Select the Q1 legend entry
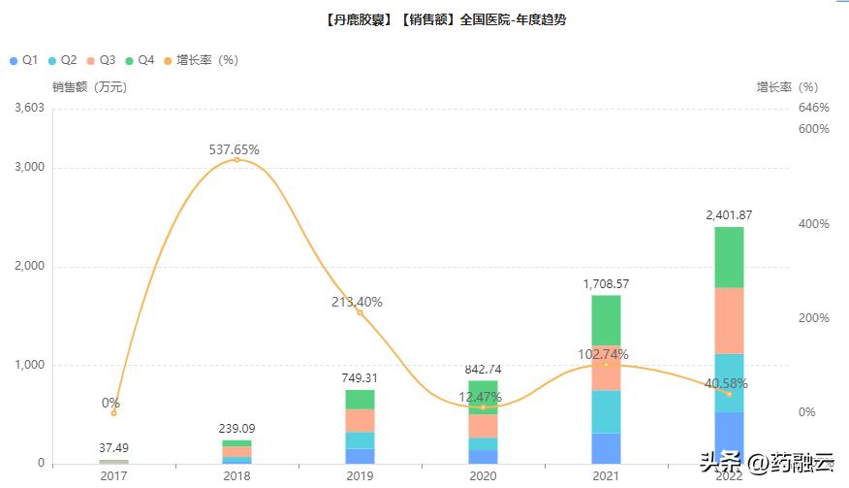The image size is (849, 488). pos(24,60)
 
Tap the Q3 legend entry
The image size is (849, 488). pos(102,60)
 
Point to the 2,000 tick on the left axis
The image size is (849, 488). pos(30,267)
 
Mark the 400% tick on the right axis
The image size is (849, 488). pos(813,224)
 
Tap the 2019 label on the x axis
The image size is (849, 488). pos(360,476)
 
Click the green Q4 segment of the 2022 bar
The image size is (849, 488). pos(729,257)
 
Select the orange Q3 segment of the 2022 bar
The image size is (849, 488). pos(729,320)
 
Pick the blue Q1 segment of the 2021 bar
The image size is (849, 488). pos(606,447)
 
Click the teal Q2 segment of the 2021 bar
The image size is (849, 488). pos(606,411)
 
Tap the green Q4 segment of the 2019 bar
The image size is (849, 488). pos(360,399)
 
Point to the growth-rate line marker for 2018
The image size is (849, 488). pos(236,159)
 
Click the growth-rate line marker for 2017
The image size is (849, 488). pos(113,413)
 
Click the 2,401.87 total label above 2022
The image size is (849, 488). pos(729,214)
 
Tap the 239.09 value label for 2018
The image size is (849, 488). pos(236,428)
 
